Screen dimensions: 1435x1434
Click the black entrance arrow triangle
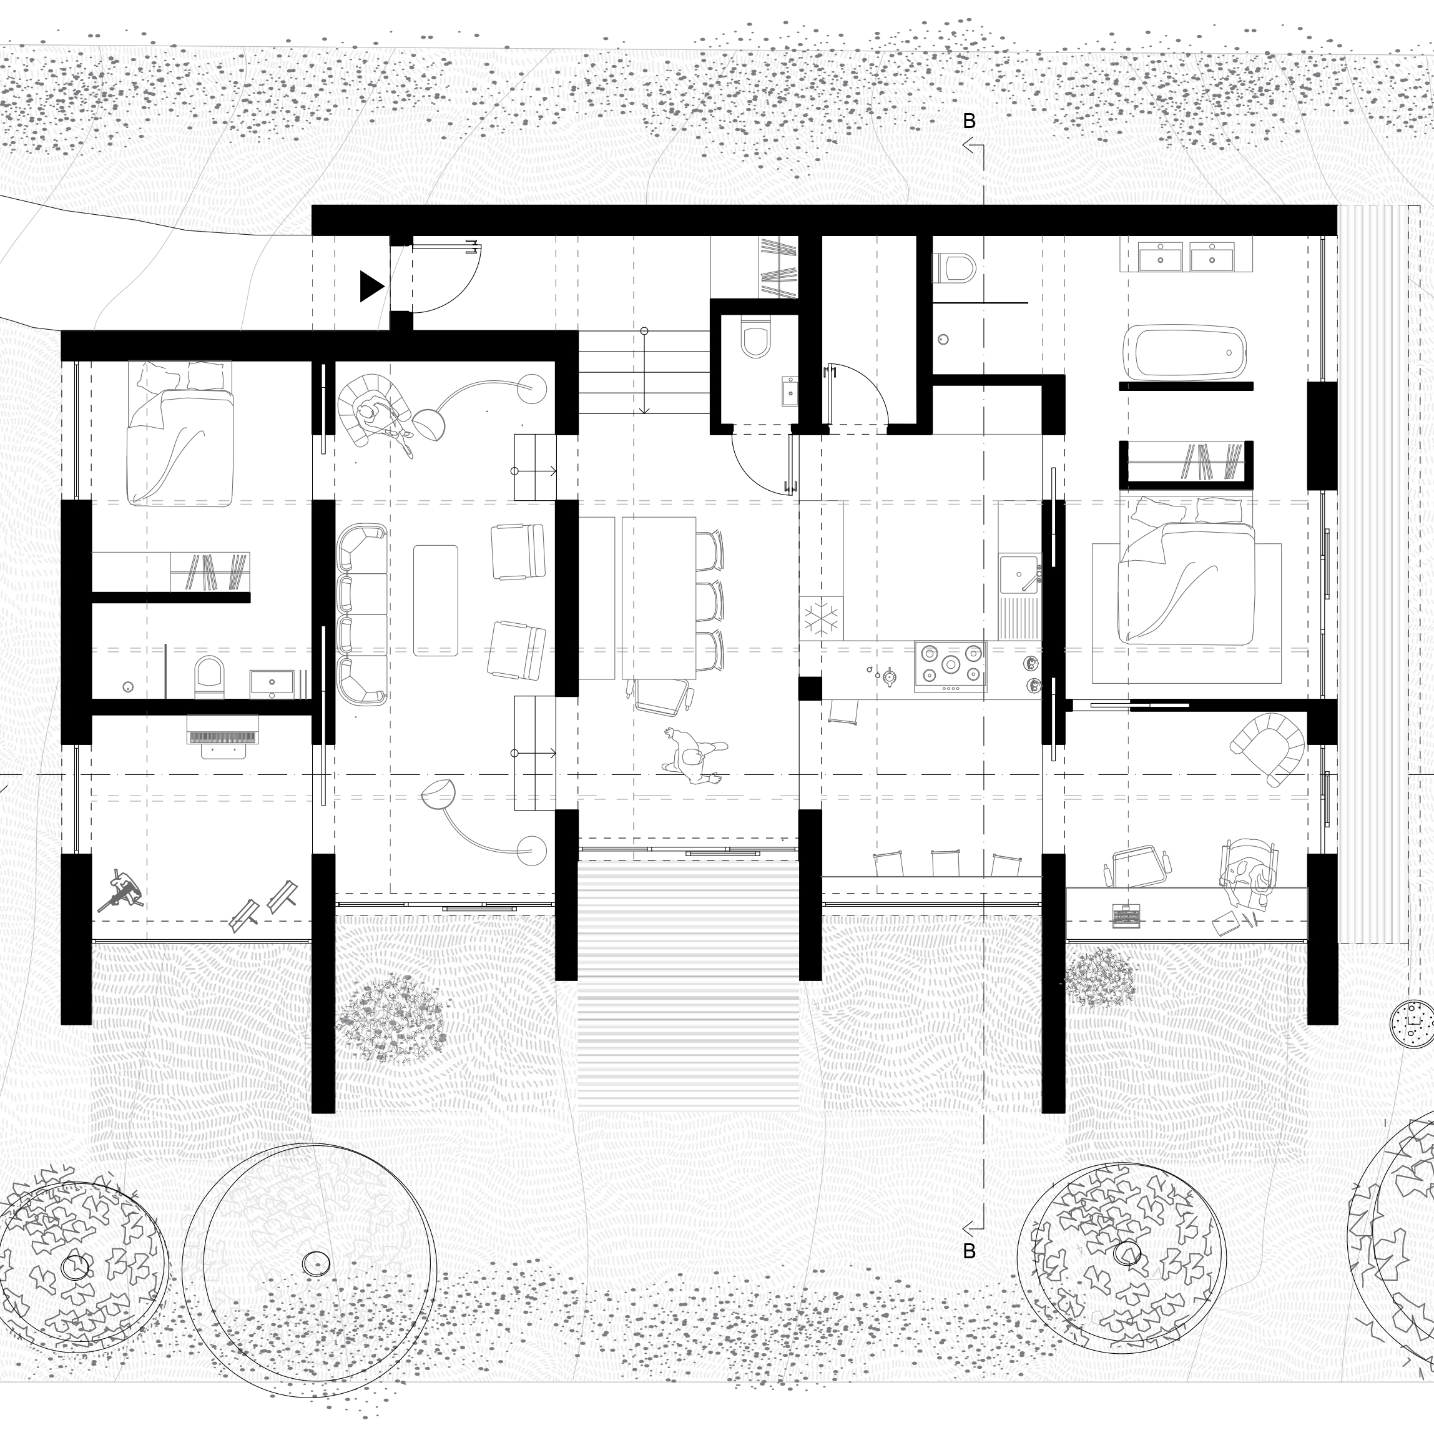(x=371, y=286)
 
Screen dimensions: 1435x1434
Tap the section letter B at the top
(x=969, y=121)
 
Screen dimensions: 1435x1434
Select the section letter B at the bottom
(x=969, y=1251)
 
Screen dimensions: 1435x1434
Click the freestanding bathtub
(x=1184, y=352)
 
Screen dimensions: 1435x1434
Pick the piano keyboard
(x=223, y=737)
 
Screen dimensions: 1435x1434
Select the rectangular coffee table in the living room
(x=435, y=600)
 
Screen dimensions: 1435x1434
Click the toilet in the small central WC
(x=755, y=338)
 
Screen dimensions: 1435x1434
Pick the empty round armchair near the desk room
(x=1268, y=746)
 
